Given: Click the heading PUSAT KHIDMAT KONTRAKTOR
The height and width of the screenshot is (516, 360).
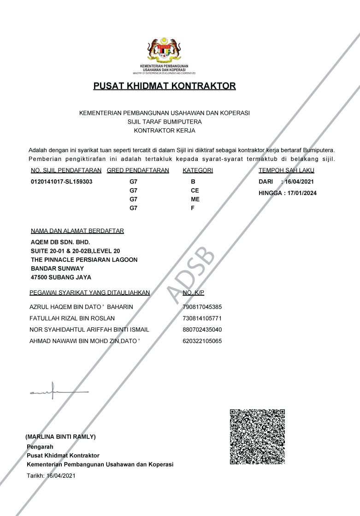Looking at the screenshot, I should click(x=165, y=86).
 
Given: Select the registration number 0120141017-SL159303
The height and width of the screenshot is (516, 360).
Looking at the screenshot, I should click(x=62, y=182).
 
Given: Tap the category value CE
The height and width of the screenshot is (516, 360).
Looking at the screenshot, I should click(x=195, y=190).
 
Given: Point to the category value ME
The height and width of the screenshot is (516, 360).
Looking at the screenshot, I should click(x=195, y=199).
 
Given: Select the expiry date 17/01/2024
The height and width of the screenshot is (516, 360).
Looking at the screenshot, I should click(x=302, y=193).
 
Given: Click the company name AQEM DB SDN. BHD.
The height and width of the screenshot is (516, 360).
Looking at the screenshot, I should click(x=60, y=242).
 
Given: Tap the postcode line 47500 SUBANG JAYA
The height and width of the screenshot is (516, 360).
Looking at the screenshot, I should click(x=61, y=277).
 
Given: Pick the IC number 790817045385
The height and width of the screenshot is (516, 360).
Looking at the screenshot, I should click(x=202, y=307).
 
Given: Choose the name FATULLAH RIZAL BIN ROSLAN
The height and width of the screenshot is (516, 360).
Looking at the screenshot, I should click(x=72, y=318).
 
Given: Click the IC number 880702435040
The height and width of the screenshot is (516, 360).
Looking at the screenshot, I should click(x=202, y=330).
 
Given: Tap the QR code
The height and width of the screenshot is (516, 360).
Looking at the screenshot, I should click(x=257, y=436).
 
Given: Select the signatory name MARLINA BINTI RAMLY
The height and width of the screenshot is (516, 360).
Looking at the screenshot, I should click(x=60, y=436).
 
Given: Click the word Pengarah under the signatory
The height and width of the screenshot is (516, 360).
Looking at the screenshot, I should click(x=40, y=446).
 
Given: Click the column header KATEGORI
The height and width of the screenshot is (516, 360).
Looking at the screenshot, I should click(x=198, y=170).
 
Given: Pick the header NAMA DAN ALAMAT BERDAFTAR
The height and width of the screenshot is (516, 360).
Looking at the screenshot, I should click(x=77, y=231).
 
